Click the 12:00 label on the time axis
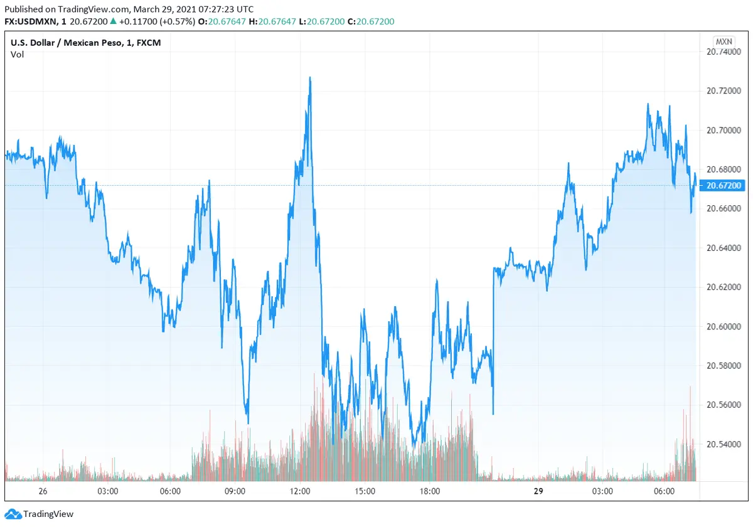[301, 491]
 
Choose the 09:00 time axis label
[235, 491]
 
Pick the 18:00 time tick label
[429, 491]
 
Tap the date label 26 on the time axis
[43, 491]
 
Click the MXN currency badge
[724, 41]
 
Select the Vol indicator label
[17, 55]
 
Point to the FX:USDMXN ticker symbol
[31, 21]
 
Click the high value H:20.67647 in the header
[269, 21]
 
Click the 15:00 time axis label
[365, 491]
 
